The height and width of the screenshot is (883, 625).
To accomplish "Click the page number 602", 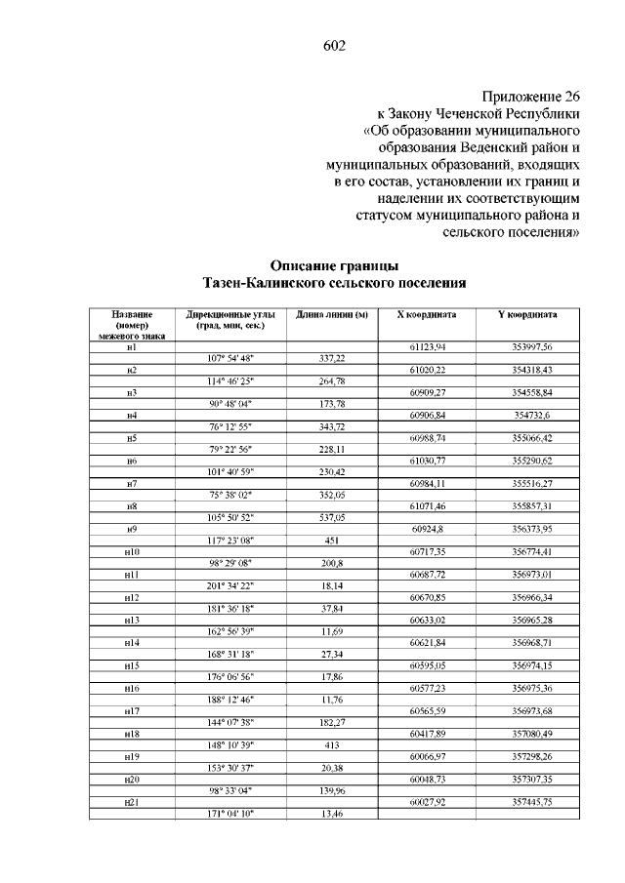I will pos(334,46).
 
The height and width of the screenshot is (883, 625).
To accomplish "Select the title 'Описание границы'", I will pos(334,264).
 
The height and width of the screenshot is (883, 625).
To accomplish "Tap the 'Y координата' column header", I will pos(528,315).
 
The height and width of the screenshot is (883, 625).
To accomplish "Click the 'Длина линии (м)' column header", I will pos(331,315).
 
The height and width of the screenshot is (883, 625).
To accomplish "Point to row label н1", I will pos(131,346).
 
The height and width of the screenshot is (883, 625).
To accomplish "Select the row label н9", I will pos(131,528).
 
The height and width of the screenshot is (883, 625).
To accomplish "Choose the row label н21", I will pos(131,801).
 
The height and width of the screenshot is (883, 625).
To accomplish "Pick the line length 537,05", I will pos(332,517).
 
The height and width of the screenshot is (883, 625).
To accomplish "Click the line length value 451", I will pos(332,540).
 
